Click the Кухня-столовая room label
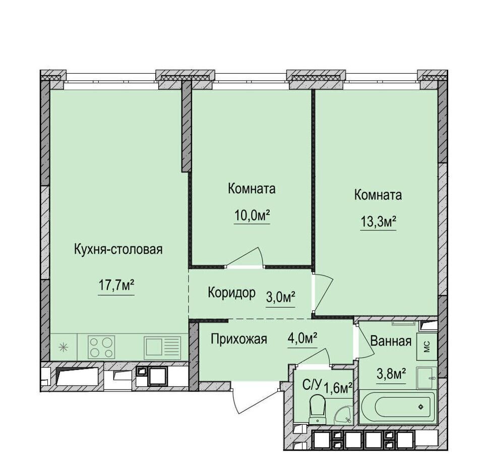click(x=118, y=249)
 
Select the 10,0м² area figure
click(x=252, y=215)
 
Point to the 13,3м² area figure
click(x=379, y=221)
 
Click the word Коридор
click(x=231, y=292)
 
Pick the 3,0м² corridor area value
click(x=281, y=298)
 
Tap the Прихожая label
click(x=238, y=339)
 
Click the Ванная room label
click(x=391, y=342)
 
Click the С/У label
click(x=312, y=385)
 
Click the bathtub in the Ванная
click(x=398, y=407)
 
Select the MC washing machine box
click(x=427, y=347)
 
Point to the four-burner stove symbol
click(x=101, y=347)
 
